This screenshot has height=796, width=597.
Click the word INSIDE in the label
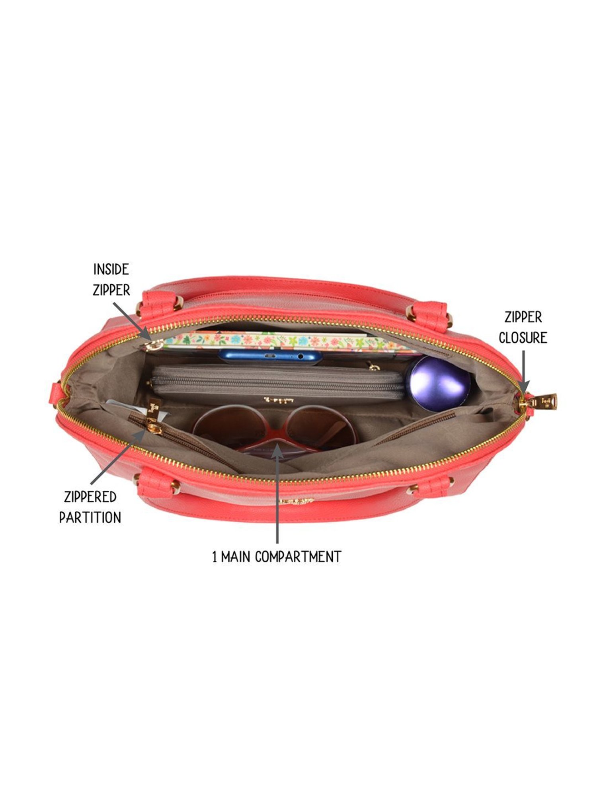(x=111, y=269)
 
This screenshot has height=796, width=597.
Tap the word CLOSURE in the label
(x=523, y=338)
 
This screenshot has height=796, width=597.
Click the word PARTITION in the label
(x=90, y=518)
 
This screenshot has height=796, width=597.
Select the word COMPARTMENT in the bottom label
(x=298, y=557)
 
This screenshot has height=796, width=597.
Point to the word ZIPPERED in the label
(x=90, y=497)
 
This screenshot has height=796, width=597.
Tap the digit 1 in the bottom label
(x=215, y=557)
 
